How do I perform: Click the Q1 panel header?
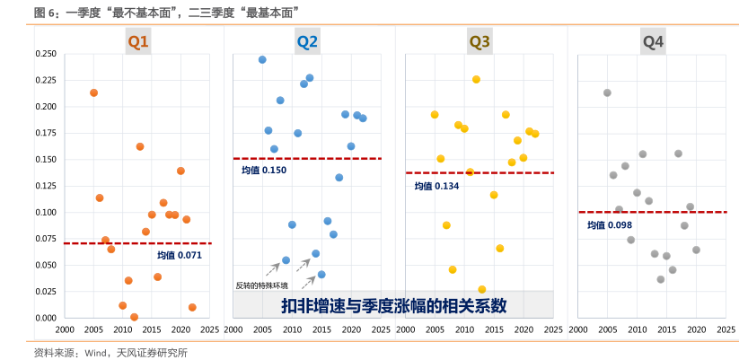point(138,41)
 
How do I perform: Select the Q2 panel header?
point(307,41)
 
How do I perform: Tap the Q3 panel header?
point(479,41)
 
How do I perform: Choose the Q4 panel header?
point(653,41)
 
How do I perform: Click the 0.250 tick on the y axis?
point(45,54)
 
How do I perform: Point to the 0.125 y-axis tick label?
point(45,186)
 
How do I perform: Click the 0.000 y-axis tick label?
point(45,318)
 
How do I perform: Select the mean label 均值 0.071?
point(180,255)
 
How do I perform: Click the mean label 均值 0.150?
point(264,170)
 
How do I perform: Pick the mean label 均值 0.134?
point(436,186)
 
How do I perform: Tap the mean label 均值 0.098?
point(610,224)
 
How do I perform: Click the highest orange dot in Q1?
point(93,92)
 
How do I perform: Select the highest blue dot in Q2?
point(262,60)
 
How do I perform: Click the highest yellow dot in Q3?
point(476,79)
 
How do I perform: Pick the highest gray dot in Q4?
point(607,92)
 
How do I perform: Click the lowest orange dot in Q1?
point(134,317)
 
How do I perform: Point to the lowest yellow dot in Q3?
point(482,290)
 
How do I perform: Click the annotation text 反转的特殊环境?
point(261,285)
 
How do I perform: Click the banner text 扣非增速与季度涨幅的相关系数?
point(394,304)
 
